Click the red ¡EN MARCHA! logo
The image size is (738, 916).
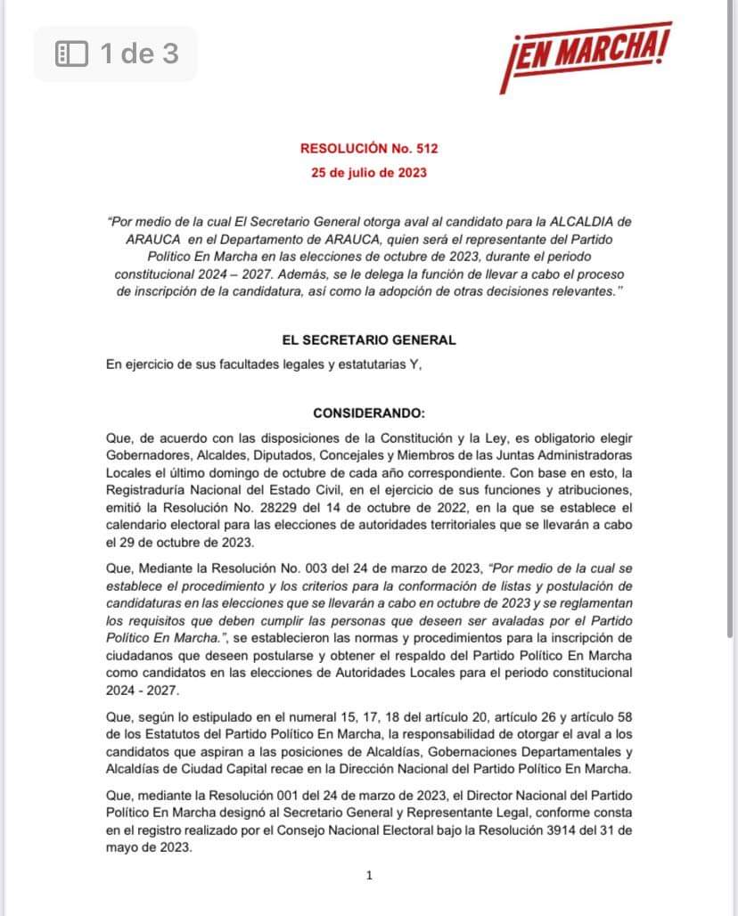pos(585,56)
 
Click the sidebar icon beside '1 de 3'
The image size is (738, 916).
pos(71,54)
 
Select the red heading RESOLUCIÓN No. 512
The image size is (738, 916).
pos(369,149)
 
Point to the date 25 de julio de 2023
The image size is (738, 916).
pos(369,172)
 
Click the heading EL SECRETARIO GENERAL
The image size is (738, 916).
pos(369,339)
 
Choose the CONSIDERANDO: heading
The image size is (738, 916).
pos(369,413)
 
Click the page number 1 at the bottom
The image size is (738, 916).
pos(369,875)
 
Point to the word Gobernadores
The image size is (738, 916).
pos(147,455)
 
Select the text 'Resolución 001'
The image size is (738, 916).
pos(227,797)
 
